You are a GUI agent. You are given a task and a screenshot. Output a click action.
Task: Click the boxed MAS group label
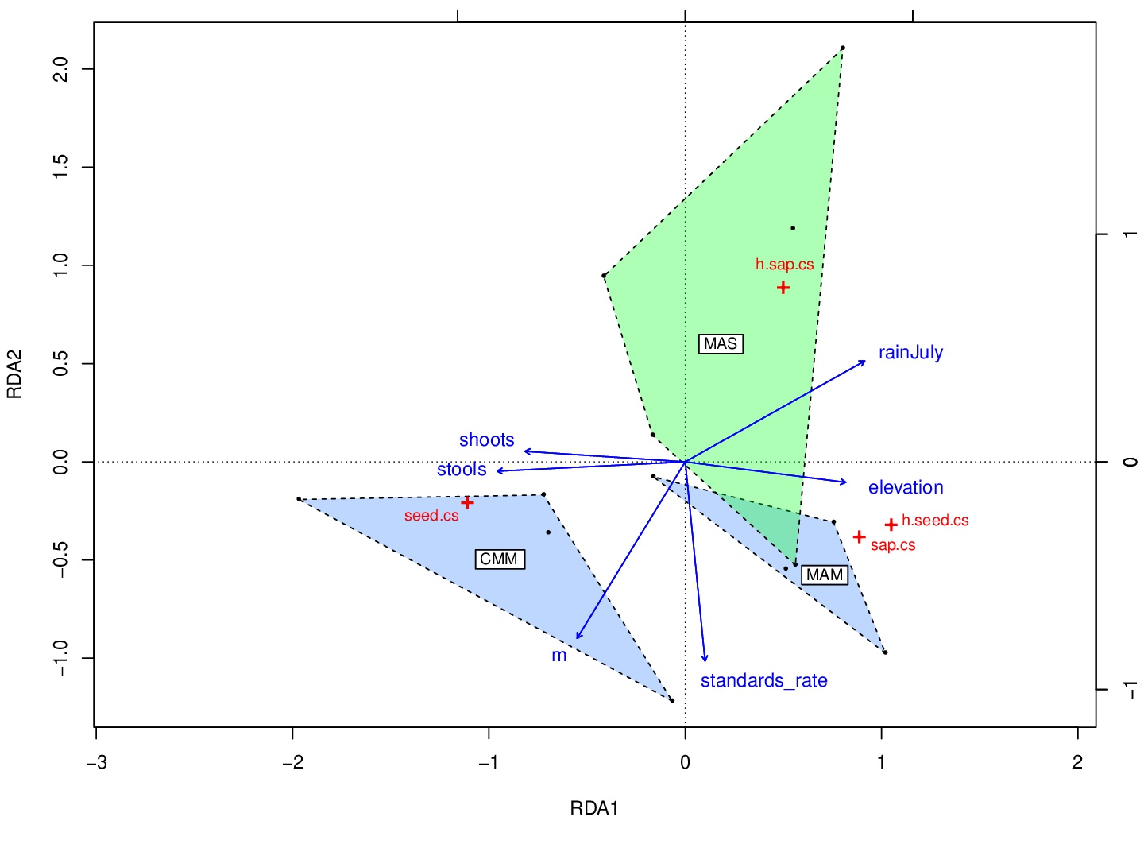pos(721,344)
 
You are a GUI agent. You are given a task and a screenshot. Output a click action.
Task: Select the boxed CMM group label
pos(499,559)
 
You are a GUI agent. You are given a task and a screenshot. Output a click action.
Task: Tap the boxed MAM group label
pos(825,575)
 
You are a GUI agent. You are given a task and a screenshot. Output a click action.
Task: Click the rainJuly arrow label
pos(910,353)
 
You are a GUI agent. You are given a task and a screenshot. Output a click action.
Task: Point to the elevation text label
pos(906,488)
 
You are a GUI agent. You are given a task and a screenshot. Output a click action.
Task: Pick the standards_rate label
pos(763,681)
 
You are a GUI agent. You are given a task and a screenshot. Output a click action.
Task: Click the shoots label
pos(486,440)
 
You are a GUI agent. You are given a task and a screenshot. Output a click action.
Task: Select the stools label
pos(462,470)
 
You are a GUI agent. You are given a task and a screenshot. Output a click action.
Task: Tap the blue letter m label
pos(559,656)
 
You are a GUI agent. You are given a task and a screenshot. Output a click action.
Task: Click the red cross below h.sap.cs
pos(783,288)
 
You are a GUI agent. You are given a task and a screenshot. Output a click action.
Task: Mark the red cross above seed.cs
pos(467,502)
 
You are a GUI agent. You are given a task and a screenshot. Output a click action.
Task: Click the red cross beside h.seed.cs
pos(891,525)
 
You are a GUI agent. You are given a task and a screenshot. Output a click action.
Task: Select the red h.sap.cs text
pos(784,265)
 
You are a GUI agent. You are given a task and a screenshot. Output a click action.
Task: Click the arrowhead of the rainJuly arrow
pos(865,362)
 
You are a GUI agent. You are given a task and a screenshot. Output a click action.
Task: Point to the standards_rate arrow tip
pos(705,660)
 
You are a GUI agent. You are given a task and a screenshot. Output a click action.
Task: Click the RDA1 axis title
pos(594,809)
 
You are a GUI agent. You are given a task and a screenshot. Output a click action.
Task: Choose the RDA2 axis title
pos(14,374)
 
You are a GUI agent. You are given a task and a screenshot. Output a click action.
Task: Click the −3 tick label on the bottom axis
pos(96,762)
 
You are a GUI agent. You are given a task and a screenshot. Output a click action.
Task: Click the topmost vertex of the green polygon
pos(843,48)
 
